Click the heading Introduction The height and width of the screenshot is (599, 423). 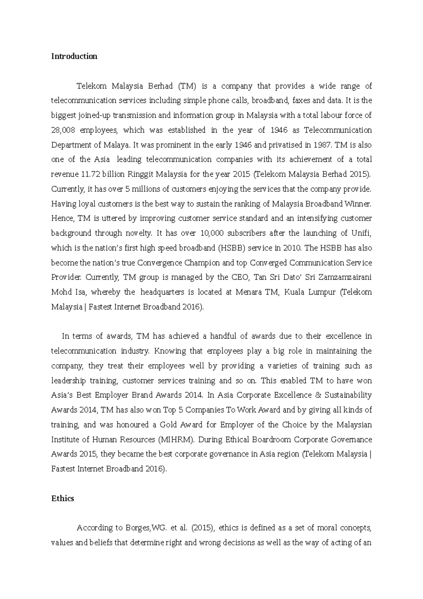pyautogui.click(x=74, y=56)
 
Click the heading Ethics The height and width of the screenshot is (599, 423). pyautogui.click(x=62, y=498)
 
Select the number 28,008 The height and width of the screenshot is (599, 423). pyautogui.click(x=62, y=130)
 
